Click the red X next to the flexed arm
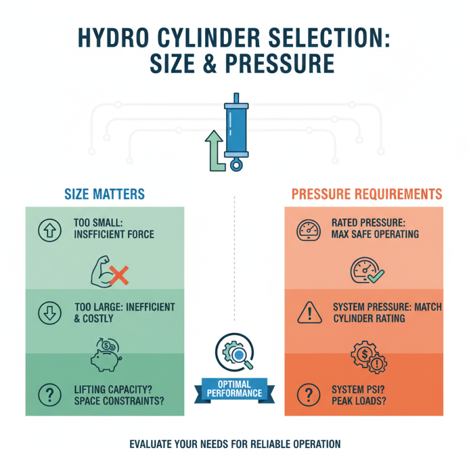[120, 274]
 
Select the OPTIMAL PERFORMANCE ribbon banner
[235, 389]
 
